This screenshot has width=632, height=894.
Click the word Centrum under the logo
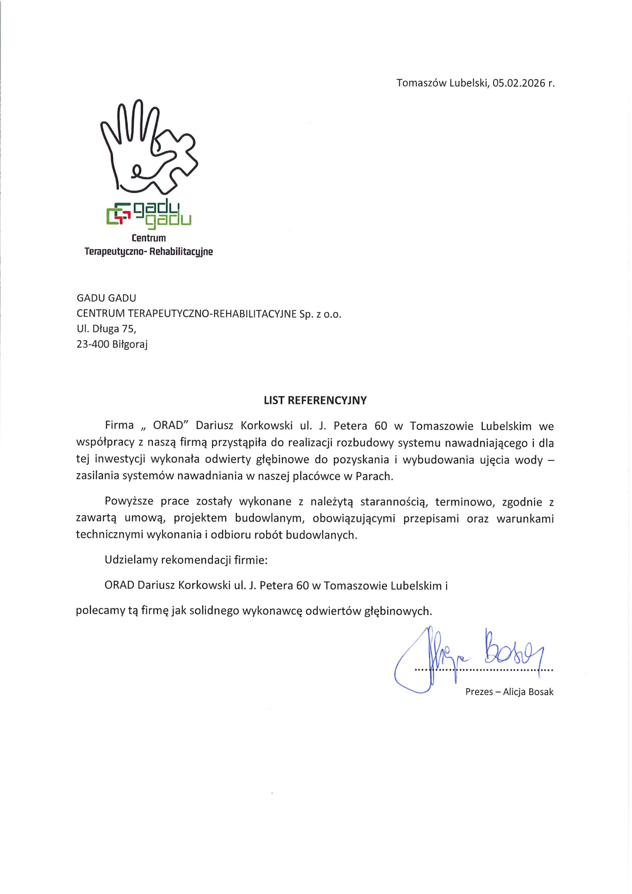(149, 237)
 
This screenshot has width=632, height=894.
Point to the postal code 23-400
(92, 344)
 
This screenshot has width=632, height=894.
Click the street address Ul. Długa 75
(106, 329)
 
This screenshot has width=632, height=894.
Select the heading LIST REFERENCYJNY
(315, 401)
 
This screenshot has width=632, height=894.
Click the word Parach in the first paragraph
(373, 477)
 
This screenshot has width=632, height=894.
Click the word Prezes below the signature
(479, 692)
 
